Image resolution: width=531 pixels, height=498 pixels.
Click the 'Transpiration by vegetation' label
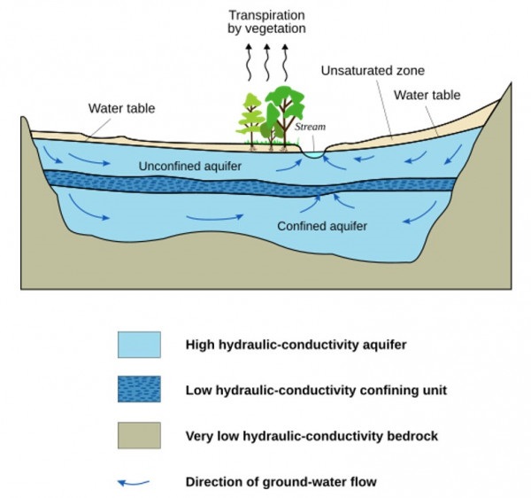coord(265,22)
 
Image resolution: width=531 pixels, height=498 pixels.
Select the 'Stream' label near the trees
coord(310,128)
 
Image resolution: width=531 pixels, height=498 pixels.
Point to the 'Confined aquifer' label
coord(322,226)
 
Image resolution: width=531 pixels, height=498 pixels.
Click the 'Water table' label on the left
coord(121,108)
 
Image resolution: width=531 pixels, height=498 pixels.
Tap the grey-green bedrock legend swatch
coord(139,435)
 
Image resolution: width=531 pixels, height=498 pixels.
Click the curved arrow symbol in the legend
coord(135,482)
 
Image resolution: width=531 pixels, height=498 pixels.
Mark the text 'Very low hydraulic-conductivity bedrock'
coord(312,436)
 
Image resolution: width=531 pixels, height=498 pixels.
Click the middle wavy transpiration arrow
coord(265,62)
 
